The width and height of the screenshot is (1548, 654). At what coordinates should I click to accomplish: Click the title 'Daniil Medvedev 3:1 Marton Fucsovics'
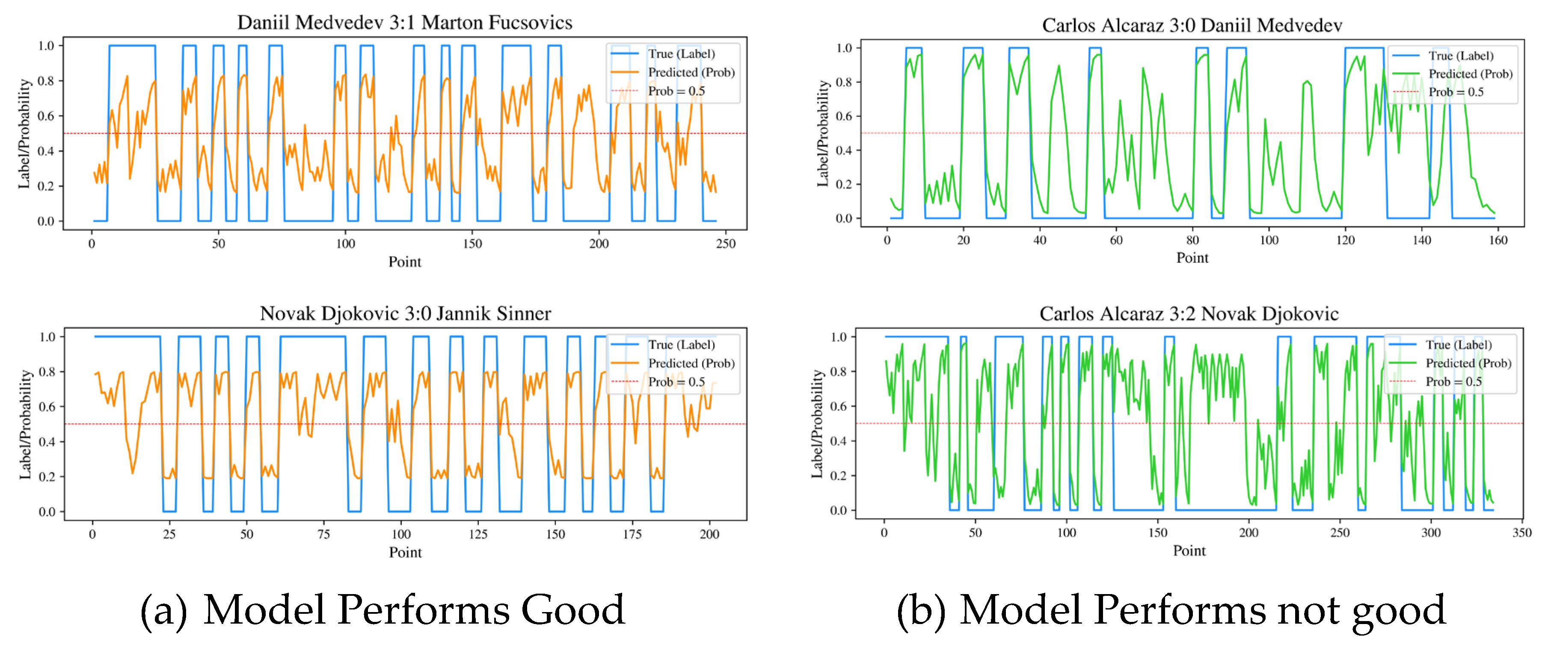click(x=404, y=22)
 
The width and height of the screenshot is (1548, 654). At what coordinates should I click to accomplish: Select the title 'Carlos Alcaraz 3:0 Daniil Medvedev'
click(x=1192, y=25)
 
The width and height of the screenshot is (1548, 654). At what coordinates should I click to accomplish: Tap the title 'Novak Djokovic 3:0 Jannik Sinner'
click(x=405, y=313)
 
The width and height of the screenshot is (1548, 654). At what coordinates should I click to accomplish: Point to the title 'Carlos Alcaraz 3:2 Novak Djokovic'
click(x=1189, y=313)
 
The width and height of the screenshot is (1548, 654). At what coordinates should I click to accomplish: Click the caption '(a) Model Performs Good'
click(x=383, y=609)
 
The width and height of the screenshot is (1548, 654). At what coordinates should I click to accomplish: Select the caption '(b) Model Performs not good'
click(x=1171, y=609)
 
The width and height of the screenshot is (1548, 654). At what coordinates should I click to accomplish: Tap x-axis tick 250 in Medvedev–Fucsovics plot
click(x=725, y=244)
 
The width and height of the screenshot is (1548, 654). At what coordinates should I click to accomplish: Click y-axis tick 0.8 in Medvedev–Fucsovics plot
click(x=46, y=80)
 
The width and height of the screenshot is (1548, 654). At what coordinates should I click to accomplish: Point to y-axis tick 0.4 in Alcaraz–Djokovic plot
click(x=838, y=440)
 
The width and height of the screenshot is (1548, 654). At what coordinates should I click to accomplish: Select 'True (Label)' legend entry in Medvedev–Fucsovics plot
click(x=681, y=54)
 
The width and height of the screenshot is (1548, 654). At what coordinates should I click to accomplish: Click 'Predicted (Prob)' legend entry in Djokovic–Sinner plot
click(x=691, y=363)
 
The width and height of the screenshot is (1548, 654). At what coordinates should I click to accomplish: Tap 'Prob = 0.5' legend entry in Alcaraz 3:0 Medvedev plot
click(x=1456, y=92)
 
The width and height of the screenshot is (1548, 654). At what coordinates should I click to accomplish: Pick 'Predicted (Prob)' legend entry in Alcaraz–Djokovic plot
click(x=1468, y=363)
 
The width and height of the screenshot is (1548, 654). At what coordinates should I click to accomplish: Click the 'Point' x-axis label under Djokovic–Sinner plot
click(x=405, y=553)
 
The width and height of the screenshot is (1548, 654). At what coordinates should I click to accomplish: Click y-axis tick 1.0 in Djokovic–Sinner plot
click(x=47, y=336)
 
